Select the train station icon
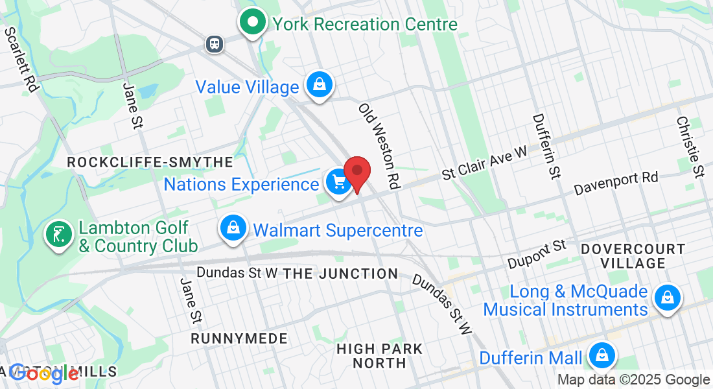(214, 43)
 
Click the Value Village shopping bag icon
(320, 84)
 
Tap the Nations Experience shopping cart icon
(338, 182)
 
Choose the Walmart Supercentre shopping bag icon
(232, 228)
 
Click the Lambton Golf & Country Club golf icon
(58, 235)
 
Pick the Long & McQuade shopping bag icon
(666, 298)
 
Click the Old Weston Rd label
(378, 147)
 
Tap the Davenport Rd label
(616, 183)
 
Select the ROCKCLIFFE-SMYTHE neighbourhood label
(150, 162)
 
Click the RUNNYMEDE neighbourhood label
(239, 338)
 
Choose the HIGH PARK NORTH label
(380, 356)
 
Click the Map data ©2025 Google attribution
(633, 380)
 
